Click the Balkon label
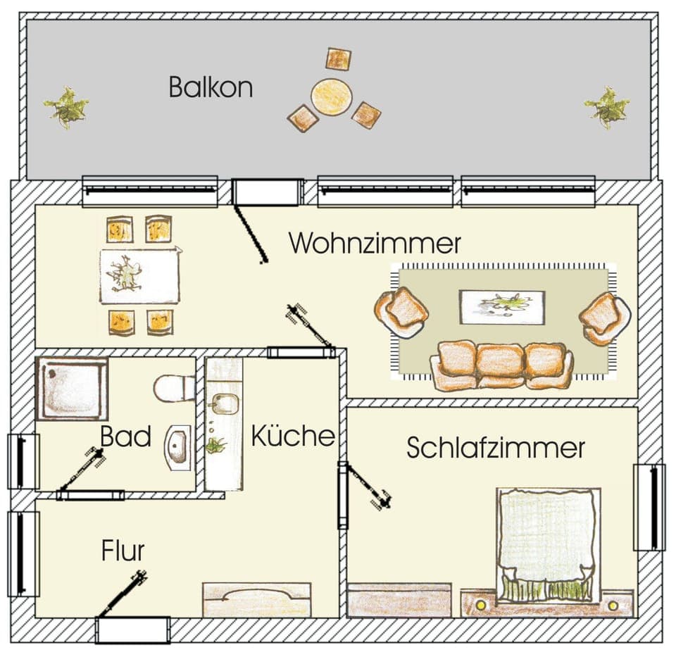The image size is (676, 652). click(x=211, y=88)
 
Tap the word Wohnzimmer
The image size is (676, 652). click(x=375, y=244)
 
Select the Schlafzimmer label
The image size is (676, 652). click(x=496, y=448)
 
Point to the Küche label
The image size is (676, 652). click(x=292, y=437)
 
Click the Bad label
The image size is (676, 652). click(x=125, y=437)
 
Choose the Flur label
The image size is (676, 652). click(x=123, y=550)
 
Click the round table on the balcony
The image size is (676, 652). click(x=332, y=97)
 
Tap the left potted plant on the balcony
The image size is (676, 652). click(x=66, y=108)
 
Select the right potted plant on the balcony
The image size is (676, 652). click(x=607, y=107)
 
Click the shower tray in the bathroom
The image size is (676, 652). click(x=71, y=389)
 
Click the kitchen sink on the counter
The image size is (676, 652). click(x=225, y=404)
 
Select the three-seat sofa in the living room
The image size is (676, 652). click(x=501, y=365)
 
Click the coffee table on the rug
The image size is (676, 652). click(x=501, y=306)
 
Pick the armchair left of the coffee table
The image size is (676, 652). click(x=401, y=312)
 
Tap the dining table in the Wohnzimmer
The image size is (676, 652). click(x=139, y=274)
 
